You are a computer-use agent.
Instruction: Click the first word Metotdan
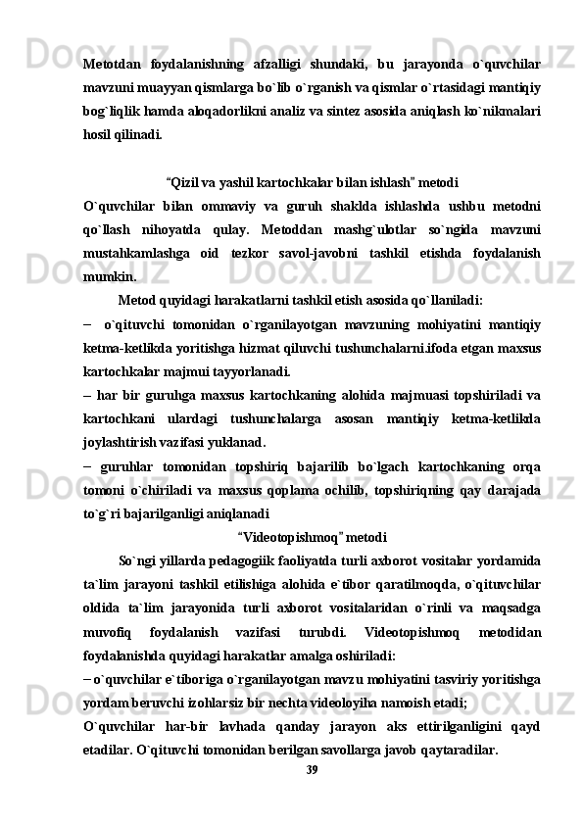click(x=110, y=66)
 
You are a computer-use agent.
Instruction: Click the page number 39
click(x=312, y=770)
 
